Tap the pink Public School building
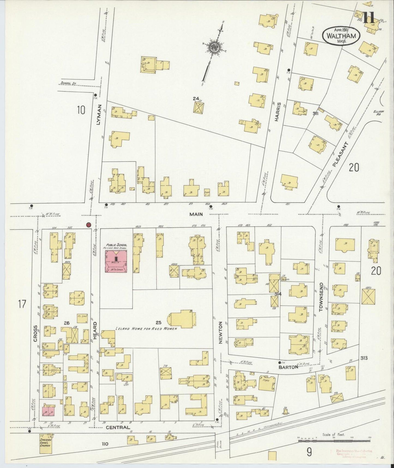(116, 261)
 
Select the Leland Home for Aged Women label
(146, 328)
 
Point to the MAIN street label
(196, 214)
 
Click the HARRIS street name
(278, 111)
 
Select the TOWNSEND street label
(321, 297)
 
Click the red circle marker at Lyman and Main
(88, 225)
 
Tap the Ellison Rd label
(379, 113)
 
